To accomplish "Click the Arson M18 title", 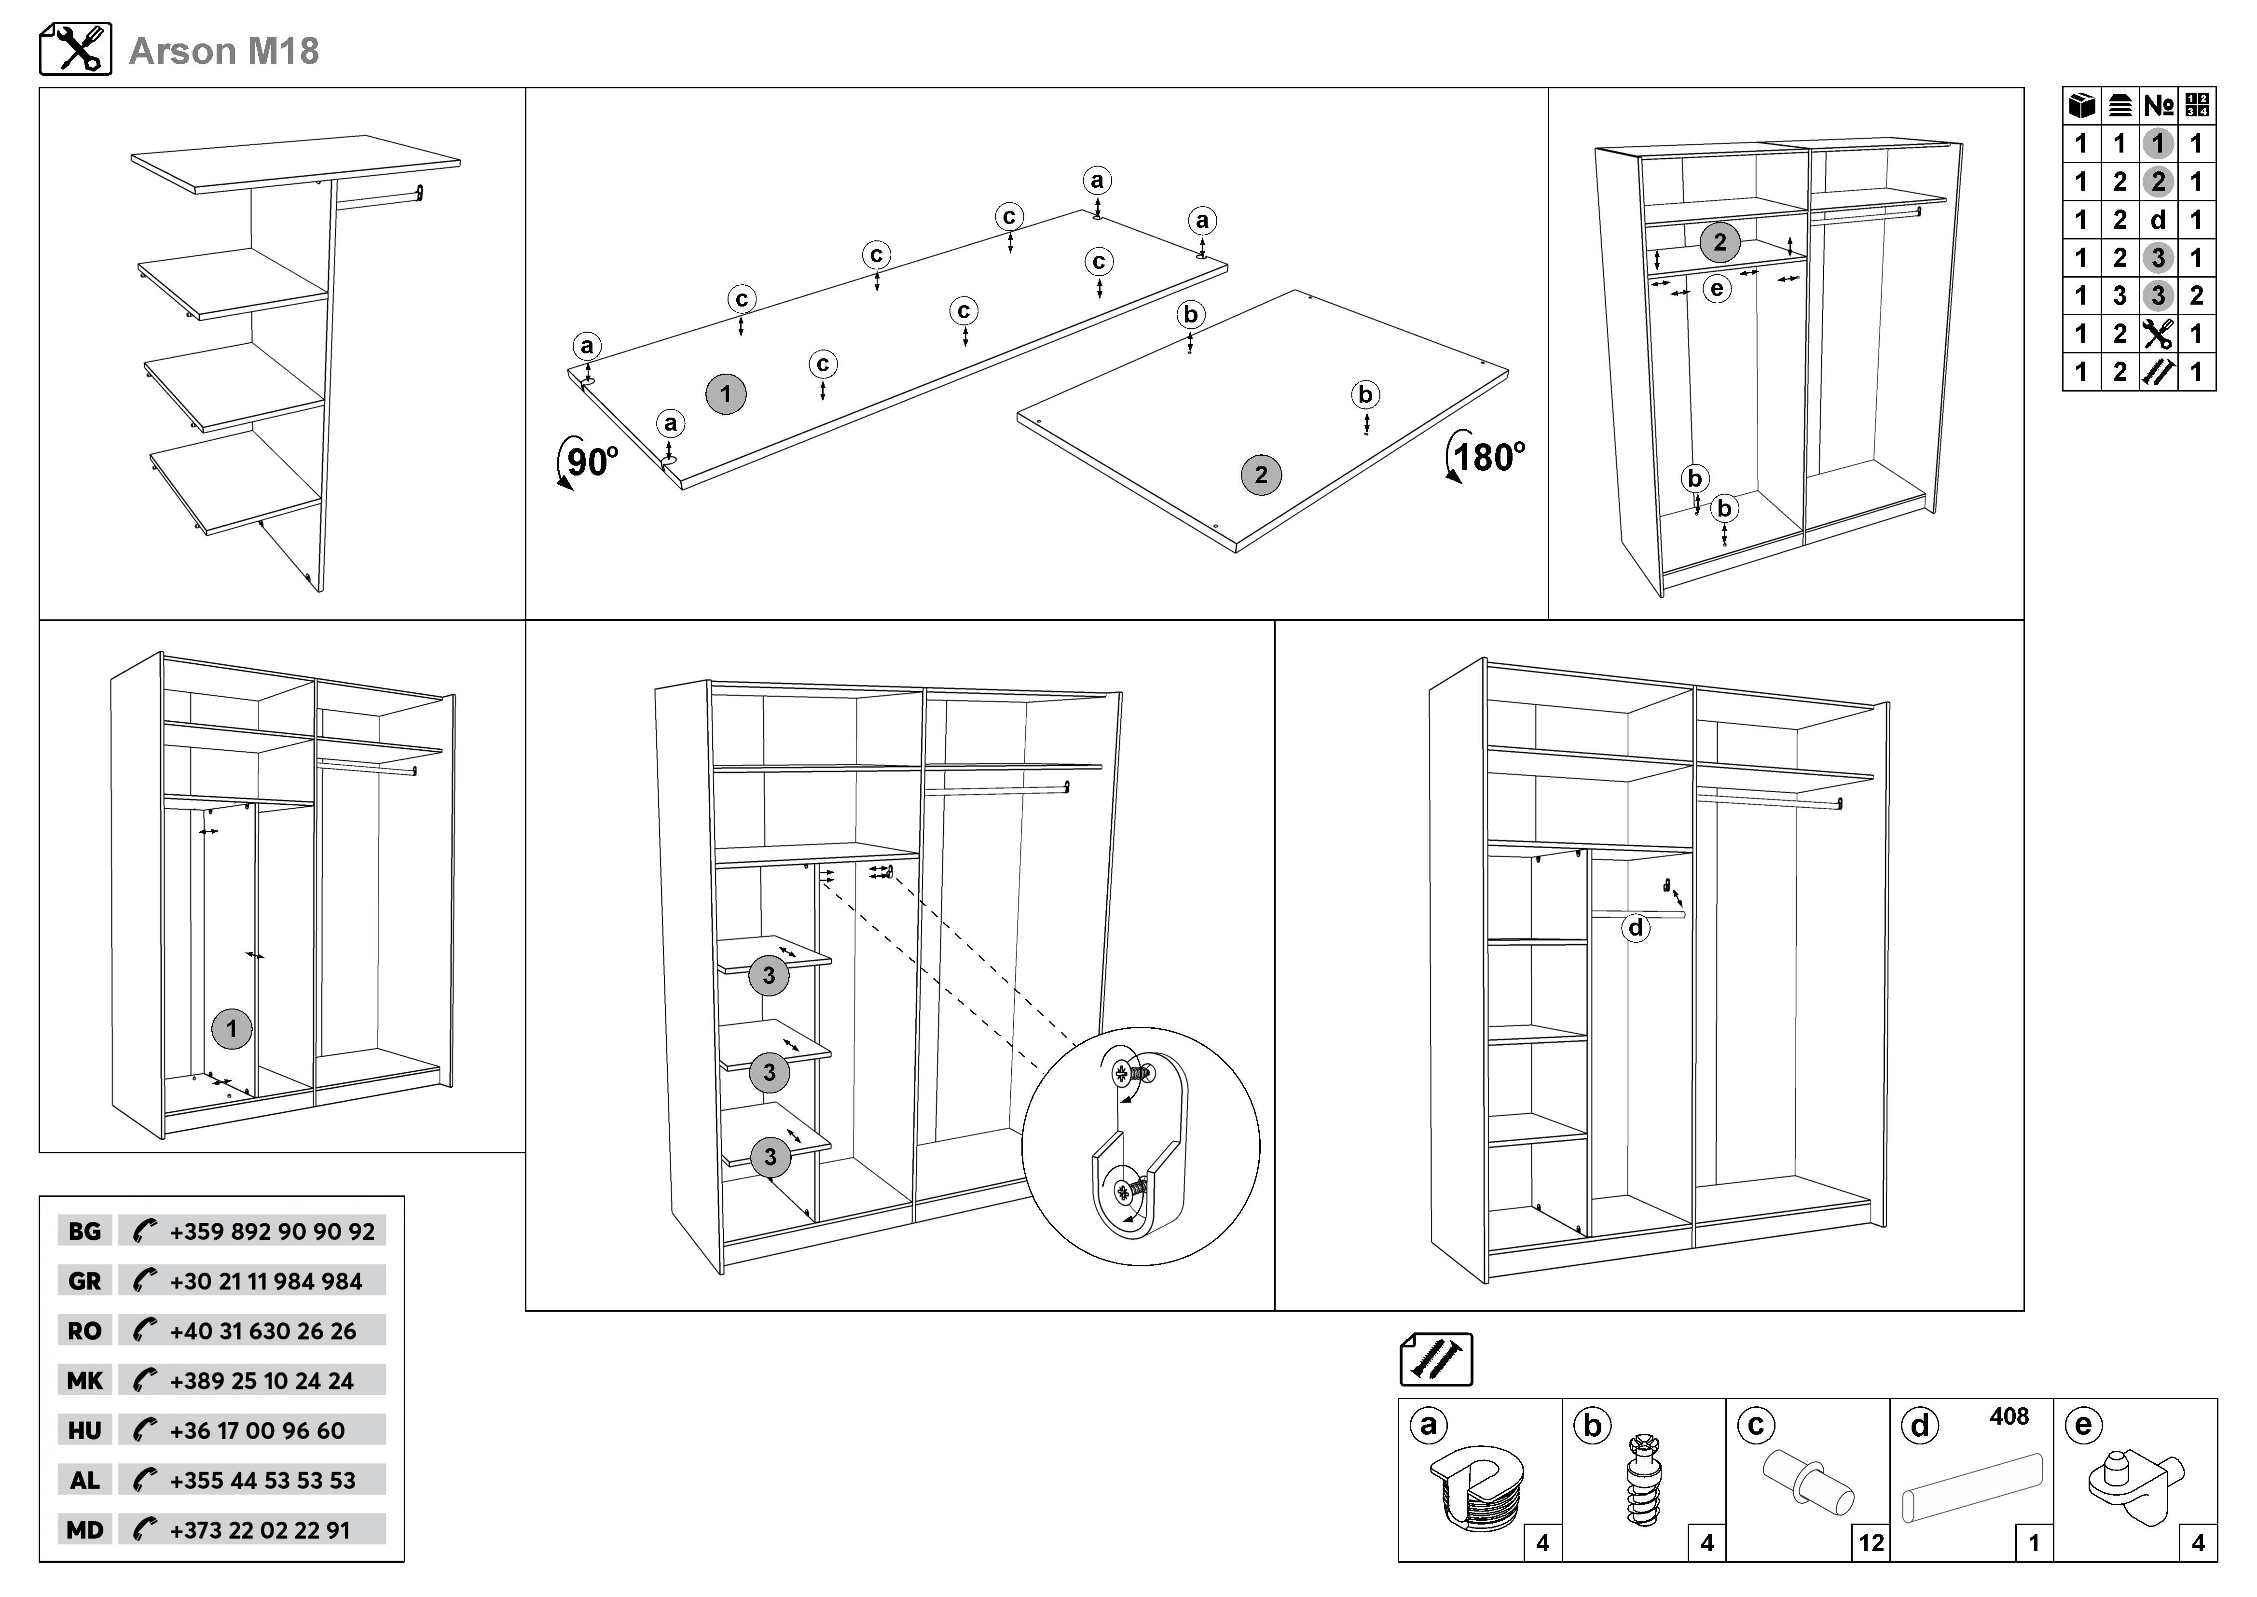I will pos(224,51).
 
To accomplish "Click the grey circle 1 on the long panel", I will pos(726,394).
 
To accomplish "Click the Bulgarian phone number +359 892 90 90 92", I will pos(271,1231).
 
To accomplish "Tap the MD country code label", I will pos(84,1530).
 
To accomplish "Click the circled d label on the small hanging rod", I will pos(1635,927).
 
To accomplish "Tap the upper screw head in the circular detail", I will pos(1122,1074).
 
